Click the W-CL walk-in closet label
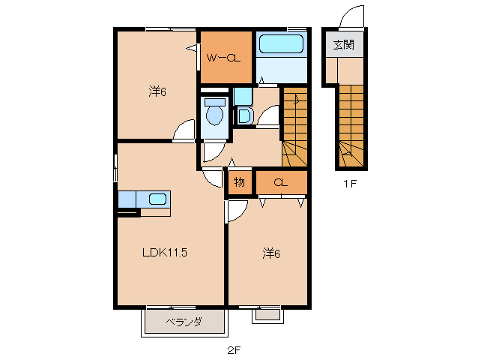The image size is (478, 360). [223, 58]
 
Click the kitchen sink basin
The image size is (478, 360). [157, 199]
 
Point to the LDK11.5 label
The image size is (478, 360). [165, 253]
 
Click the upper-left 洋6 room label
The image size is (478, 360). [157, 92]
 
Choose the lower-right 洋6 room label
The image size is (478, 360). [270, 253]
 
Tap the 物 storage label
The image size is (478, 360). [240, 182]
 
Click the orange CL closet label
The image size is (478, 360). [281, 182]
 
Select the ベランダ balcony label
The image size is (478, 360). [184, 322]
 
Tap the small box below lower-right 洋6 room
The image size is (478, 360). [264, 315]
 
